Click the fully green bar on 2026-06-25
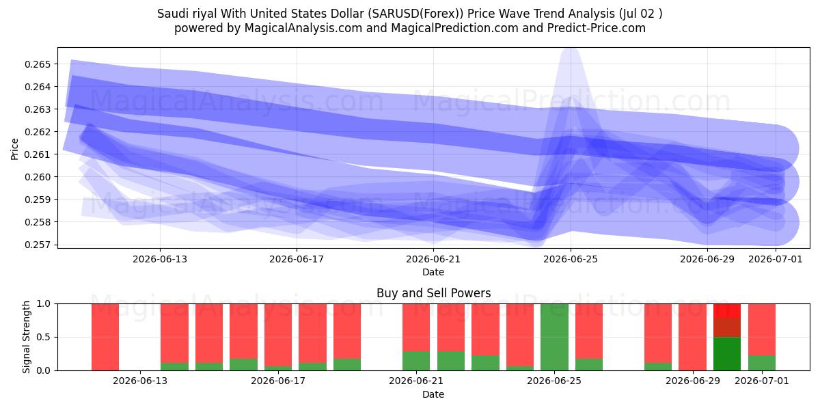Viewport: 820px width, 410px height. pyautogui.click(x=555, y=337)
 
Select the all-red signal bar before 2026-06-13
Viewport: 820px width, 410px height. pyautogui.click(x=105, y=337)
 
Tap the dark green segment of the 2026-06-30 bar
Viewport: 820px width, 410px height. pyautogui.click(x=727, y=354)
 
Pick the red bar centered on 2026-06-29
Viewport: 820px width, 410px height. pyautogui.click(x=693, y=337)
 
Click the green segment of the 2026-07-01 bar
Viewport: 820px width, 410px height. pyautogui.click(x=762, y=363)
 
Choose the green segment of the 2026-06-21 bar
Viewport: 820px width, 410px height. pyautogui.click(x=416, y=361)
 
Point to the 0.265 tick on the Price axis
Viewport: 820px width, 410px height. pyautogui.click(x=38, y=64)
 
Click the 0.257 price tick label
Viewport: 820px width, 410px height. pyautogui.click(x=38, y=245)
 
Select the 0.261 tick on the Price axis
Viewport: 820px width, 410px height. pyautogui.click(x=38, y=154)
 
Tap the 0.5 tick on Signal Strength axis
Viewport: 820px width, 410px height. pyautogui.click(x=44, y=337)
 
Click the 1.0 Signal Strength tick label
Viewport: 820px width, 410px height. pyautogui.click(x=44, y=304)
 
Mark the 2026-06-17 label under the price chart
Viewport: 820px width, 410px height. pyautogui.click(x=297, y=259)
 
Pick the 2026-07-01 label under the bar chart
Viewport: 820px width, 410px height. pyautogui.click(x=762, y=381)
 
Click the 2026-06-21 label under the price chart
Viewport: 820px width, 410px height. pyautogui.click(x=433, y=259)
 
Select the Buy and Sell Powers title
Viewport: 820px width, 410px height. pyautogui.click(x=433, y=293)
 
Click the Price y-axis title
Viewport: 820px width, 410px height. pyautogui.click(x=14, y=149)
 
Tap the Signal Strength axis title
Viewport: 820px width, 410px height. pyautogui.click(x=26, y=337)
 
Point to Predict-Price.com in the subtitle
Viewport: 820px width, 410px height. pyautogui.click(x=597, y=28)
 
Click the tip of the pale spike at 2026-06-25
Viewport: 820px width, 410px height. pyautogui.click(x=571, y=49)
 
